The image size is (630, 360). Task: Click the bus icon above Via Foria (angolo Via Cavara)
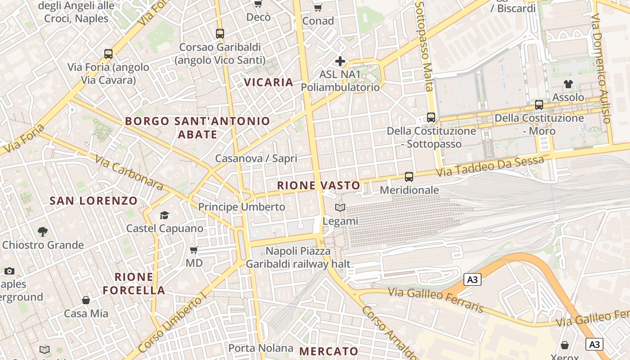108,54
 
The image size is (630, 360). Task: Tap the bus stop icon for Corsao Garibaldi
220,34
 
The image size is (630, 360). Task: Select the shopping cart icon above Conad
318,8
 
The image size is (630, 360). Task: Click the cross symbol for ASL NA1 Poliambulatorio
340,61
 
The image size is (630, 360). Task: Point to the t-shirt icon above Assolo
568,84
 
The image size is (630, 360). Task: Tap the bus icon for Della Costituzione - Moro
539,105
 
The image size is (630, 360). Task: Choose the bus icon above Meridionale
409,177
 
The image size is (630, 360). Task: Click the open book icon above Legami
341,207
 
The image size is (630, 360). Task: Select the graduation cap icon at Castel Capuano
164,215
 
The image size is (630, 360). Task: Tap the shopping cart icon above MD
194,250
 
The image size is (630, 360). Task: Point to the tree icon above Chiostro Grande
43,232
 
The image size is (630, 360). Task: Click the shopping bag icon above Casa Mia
86,300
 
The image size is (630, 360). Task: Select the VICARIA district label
269,82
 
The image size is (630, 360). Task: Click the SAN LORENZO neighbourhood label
94,201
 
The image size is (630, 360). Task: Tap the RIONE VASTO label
319,185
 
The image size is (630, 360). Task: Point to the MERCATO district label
328,351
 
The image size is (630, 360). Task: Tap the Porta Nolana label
261,348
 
